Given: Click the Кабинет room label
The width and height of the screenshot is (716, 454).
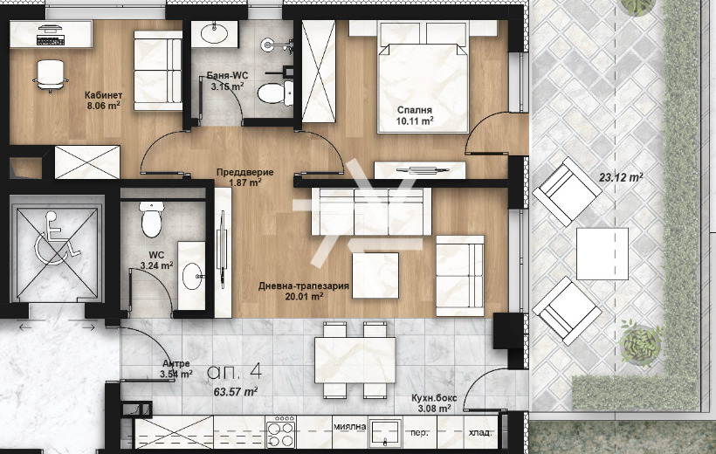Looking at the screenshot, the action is click(103, 95).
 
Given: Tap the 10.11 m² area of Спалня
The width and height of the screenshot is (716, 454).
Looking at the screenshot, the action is click(415, 121).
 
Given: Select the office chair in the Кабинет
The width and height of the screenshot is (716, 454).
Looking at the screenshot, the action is click(51, 76).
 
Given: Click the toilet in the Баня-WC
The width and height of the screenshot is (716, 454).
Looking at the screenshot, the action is click(275, 93).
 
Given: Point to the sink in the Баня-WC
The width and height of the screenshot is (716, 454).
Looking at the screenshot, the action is click(214, 33).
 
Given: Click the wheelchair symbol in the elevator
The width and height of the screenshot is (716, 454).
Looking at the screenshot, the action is click(57, 237).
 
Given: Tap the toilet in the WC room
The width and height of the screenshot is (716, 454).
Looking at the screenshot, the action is click(152, 219).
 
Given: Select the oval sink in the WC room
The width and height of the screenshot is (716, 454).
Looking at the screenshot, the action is click(192, 276).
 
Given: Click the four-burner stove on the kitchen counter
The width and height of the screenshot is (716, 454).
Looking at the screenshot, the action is click(281, 431).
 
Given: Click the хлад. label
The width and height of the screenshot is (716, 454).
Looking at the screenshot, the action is click(480, 432).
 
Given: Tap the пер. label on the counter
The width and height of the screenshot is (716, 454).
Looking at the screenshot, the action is click(419, 433).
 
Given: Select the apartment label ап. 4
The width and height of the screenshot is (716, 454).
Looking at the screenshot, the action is click(235, 372).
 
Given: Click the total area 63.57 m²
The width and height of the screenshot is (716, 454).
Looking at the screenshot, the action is click(236, 391).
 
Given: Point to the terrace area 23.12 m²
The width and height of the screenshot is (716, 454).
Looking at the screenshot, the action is click(621, 177).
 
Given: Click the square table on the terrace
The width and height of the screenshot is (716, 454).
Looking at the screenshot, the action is click(602, 254).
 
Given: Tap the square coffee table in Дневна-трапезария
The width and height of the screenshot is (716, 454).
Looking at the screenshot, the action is click(375, 275).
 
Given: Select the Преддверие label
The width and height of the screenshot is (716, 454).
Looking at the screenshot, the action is click(245, 172).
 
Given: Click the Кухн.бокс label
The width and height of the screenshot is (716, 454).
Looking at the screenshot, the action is click(434, 398).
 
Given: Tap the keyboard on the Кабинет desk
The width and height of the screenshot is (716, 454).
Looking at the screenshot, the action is click(51, 41).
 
